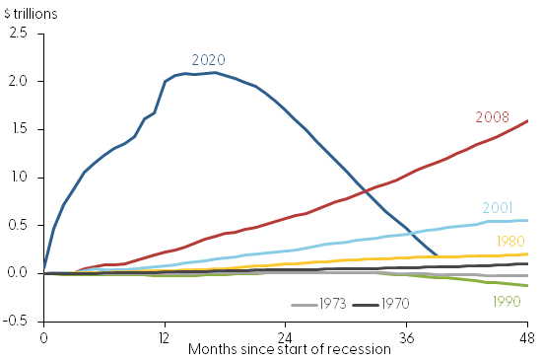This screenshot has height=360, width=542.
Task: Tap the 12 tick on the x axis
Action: coord(165,336)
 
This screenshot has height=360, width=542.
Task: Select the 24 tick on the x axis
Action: coord(286,336)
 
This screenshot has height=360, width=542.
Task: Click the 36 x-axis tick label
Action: coord(407,336)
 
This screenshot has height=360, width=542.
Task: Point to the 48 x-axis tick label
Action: coord(527,336)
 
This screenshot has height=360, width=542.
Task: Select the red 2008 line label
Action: coord(492,116)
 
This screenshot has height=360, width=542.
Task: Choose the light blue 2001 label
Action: coord(498,208)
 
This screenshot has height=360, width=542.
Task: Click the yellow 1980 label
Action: coord(511,241)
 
